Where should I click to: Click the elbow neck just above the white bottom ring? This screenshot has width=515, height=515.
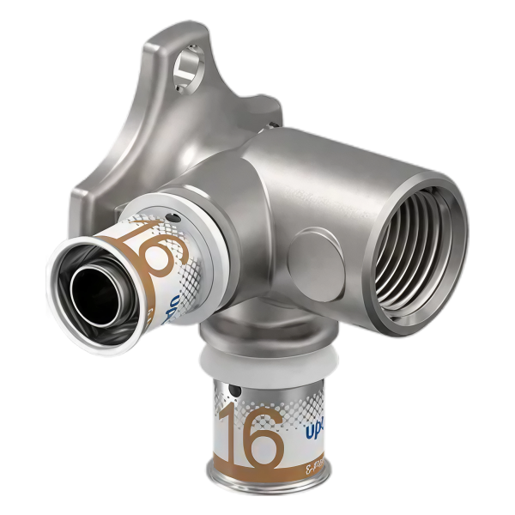tap(253, 330)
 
